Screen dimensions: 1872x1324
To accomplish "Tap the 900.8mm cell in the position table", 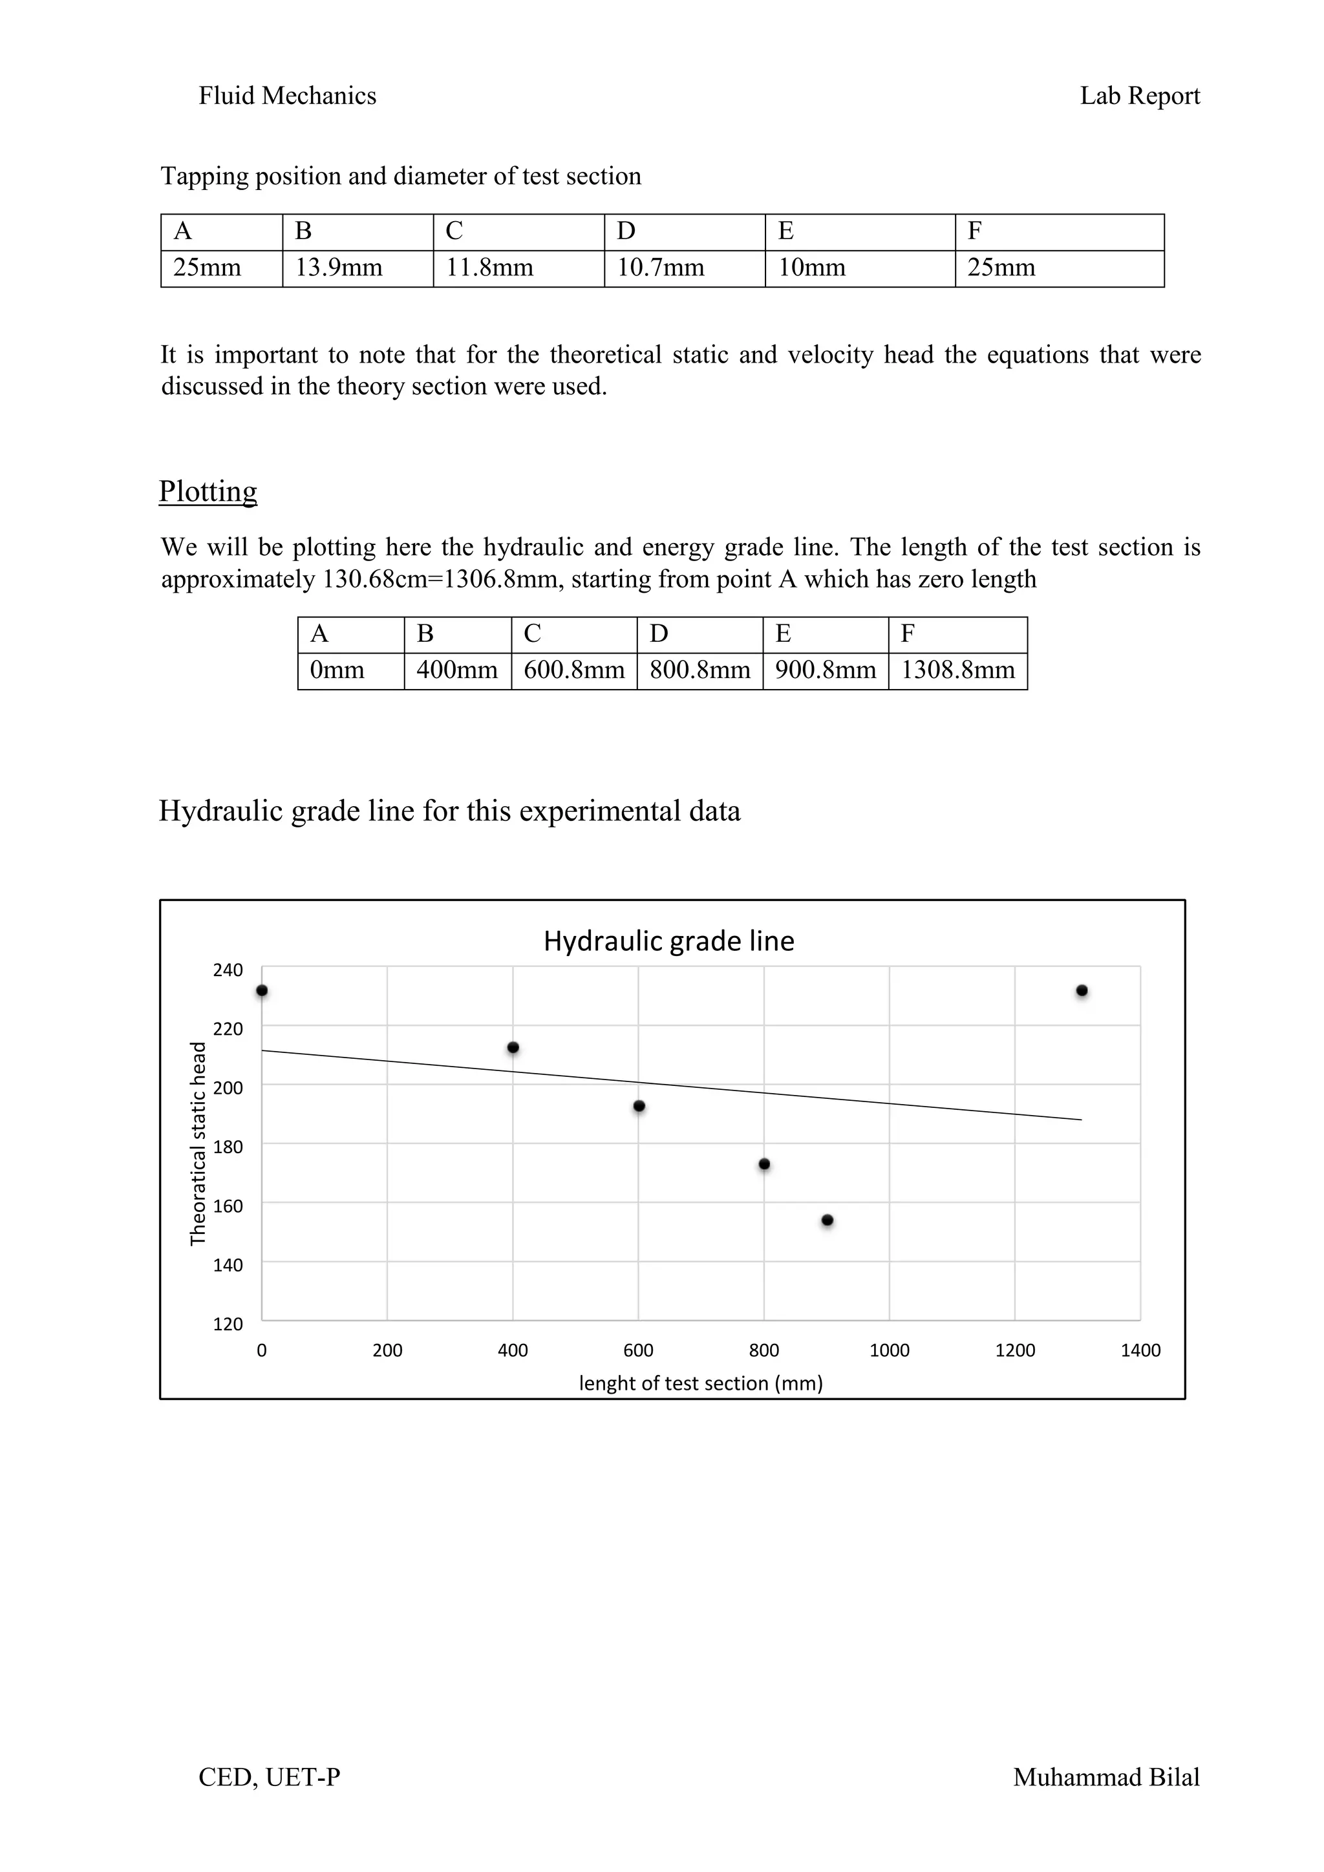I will [825, 671].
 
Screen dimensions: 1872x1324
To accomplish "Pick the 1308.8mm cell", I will [957, 671].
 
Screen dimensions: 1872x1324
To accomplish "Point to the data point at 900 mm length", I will [827, 1220].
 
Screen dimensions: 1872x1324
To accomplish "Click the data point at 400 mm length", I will [513, 1048].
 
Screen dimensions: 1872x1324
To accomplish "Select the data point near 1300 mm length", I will [1082, 991].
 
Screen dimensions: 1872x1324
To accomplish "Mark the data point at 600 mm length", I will [639, 1107].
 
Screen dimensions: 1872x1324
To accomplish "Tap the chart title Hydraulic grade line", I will [668, 941].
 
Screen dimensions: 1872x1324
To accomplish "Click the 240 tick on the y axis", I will [228, 970].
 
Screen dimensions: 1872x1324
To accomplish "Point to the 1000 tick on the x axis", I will [890, 1350].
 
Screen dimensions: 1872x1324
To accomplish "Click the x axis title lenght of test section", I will [700, 1383].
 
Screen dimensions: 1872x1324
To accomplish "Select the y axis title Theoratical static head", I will [197, 1144].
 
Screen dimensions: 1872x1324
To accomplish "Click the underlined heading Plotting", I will [208, 492].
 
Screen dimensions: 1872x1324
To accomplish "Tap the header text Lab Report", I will [1140, 96].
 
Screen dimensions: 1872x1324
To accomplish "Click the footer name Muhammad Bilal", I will [1105, 1778].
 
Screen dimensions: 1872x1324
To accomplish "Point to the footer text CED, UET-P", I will [269, 1778].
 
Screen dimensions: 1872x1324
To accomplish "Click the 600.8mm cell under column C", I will [574, 671].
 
